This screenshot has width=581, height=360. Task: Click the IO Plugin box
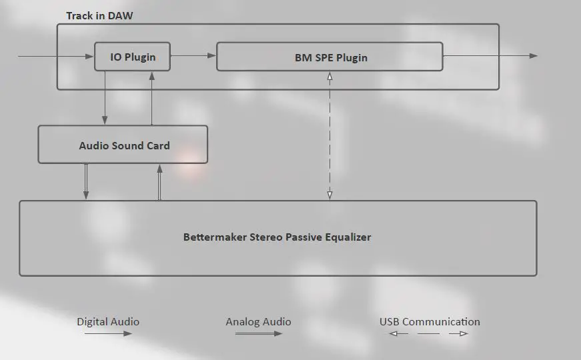click(x=132, y=57)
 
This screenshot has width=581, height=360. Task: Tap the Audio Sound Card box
click(x=123, y=145)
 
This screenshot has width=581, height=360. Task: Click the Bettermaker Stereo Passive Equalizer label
click(x=277, y=237)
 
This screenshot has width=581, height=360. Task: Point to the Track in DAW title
click(x=99, y=15)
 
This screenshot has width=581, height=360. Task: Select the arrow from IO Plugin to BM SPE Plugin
click(x=193, y=56)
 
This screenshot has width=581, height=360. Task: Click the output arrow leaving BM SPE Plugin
click(x=490, y=56)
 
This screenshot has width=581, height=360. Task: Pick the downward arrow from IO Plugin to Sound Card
click(x=105, y=97)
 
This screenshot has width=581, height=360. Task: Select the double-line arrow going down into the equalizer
click(x=86, y=181)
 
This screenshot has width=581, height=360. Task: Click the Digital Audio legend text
click(x=108, y=321)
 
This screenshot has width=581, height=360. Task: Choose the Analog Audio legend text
click(x=258, y=321)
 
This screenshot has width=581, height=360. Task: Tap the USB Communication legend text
click(x=430, y=321)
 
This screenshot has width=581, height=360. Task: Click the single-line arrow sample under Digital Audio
click(x=108, y=333)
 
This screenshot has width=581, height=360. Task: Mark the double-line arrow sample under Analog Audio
click(x=258, y=333)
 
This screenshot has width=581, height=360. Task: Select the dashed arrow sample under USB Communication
click(x=428, y=333)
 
